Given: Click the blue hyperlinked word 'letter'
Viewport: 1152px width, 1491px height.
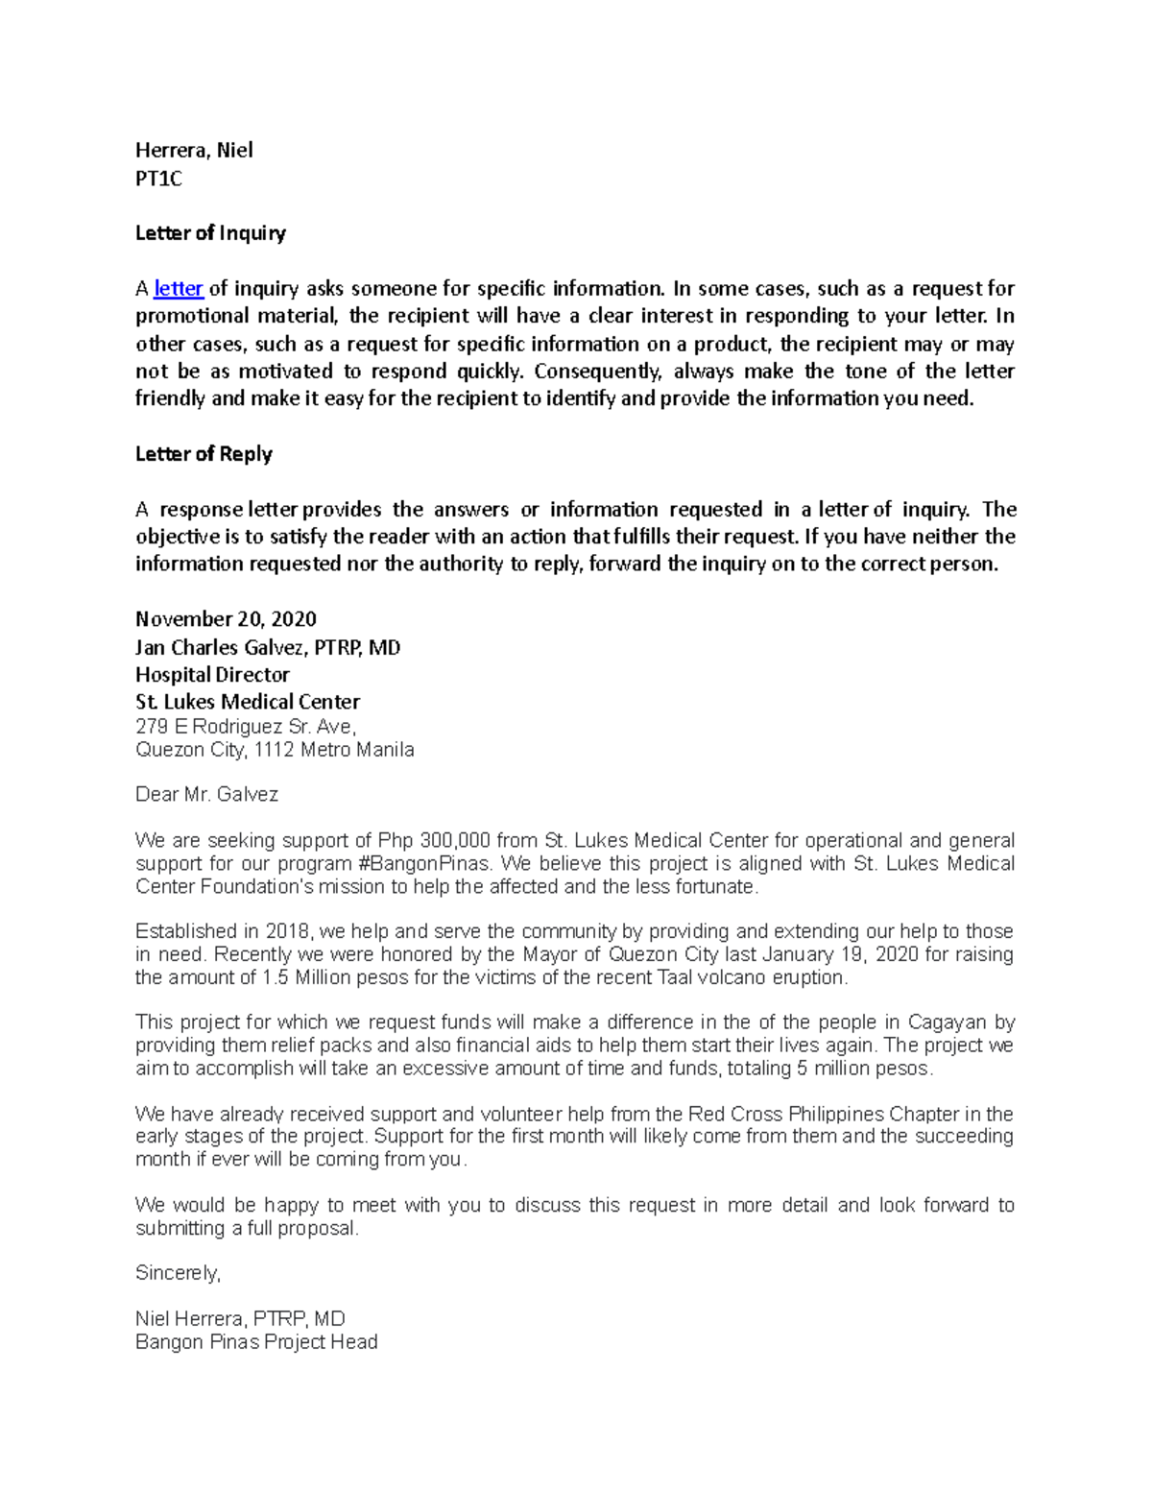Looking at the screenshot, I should pos(179,289).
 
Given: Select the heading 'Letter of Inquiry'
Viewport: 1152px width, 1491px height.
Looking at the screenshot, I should pos(210,233).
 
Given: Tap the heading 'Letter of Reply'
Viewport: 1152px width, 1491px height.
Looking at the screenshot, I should pos(204,454).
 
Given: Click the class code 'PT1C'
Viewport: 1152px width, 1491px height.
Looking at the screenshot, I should pos(158,179).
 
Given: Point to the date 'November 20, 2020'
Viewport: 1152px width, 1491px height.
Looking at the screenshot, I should pos(226,619).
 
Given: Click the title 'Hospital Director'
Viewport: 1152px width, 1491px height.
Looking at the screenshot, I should pos(212,675).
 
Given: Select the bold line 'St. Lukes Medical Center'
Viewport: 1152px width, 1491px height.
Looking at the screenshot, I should pos(248,702).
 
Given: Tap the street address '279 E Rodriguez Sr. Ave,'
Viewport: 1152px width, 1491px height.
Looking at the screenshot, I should pos(246,727).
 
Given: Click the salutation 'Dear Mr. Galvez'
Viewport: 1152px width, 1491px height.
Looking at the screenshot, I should pos(206,795).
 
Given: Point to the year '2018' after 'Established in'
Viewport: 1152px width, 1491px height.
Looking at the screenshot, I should pos(286,932).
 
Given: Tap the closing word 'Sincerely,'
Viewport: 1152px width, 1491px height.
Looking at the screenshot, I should pos(178,1273).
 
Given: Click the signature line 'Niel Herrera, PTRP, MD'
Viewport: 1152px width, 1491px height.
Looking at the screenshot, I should pos(240,1319).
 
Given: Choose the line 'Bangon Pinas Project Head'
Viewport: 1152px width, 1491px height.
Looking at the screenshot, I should pos(256,1342).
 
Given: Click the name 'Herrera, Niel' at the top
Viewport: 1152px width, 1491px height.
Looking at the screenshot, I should pos(194,151).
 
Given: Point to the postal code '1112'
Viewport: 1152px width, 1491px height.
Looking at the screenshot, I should pos(275,750).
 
